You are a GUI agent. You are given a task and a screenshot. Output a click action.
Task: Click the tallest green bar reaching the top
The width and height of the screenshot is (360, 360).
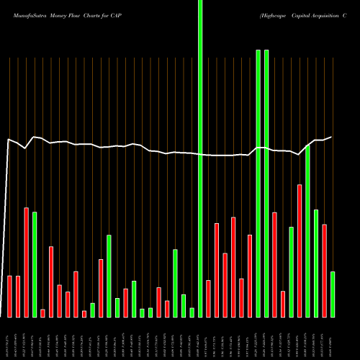tap(200, 158)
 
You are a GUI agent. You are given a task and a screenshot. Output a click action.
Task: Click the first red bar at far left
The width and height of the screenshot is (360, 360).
tap(9, 296)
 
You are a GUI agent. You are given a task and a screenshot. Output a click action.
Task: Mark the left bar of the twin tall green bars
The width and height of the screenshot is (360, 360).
tap(258, 184)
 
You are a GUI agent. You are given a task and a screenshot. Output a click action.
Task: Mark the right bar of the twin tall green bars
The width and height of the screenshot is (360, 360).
tap(266, 184)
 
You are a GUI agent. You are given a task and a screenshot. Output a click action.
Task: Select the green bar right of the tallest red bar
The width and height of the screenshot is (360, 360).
tap(307, 230)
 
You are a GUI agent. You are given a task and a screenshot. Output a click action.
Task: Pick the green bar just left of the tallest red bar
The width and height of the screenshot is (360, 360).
tap(291, 271)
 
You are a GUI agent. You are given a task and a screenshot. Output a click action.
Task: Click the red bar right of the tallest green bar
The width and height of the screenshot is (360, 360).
tap(208, 298)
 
